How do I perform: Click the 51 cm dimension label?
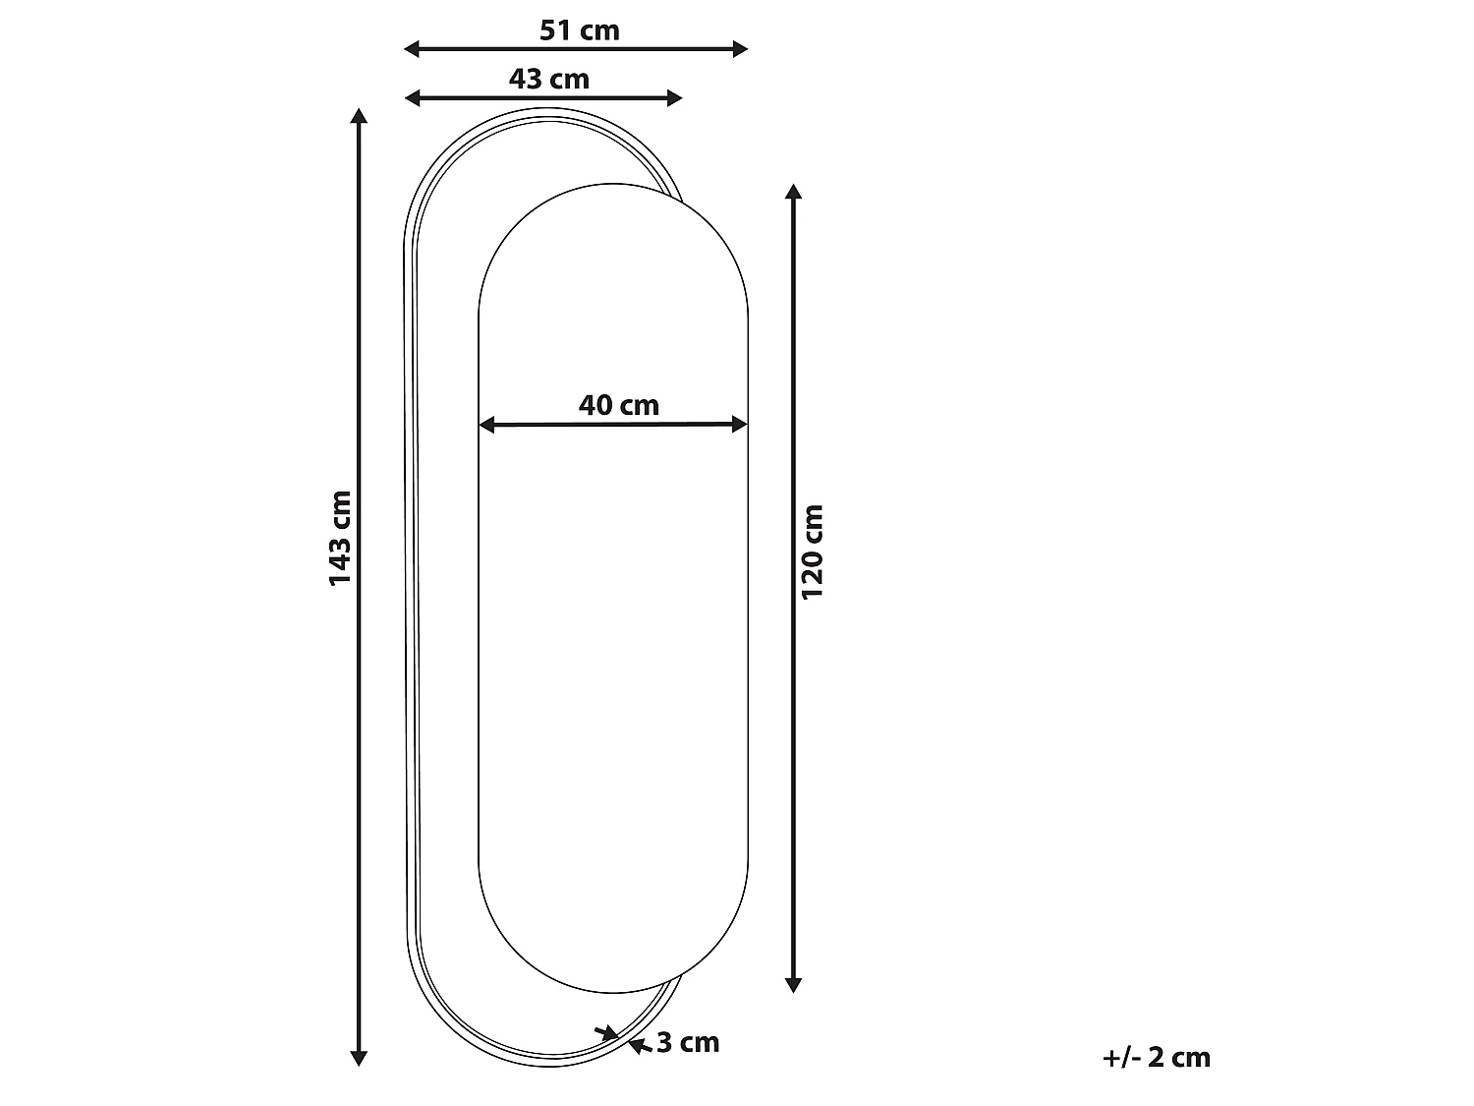tap(579, 30)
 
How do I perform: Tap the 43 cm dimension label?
tap(548, 80)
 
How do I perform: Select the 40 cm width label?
tap(618, 405)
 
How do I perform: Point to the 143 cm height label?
tap(340, 538)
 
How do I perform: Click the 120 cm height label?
tap(812, 552)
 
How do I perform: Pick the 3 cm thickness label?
tap(688, 1042)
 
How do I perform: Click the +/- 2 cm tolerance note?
tap(1157, 1057)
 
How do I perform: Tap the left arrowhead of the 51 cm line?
tap(411, 49)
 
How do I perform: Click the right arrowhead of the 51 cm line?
tap(740, 49)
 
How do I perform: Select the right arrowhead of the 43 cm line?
tap(675, 98)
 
